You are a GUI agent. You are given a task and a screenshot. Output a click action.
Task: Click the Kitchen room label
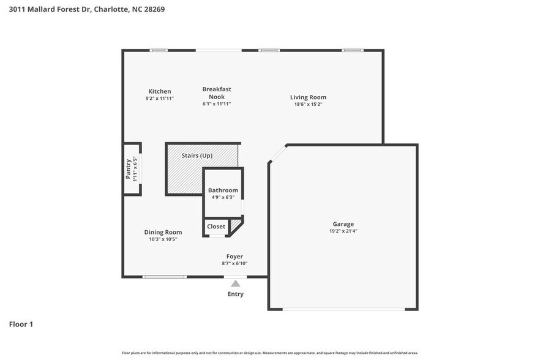click(x=160, y=91)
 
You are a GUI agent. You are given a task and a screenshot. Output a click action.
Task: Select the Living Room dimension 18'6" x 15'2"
click(x=308, y=104)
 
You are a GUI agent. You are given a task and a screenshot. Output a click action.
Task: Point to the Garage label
click(x=343, y=224)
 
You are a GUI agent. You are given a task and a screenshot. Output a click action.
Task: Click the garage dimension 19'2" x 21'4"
click(x=343, y=231)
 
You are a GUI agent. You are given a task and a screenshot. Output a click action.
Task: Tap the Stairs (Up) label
click(x=197, y=156)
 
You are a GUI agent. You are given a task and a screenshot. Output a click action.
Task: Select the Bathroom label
click(x=223, y=190)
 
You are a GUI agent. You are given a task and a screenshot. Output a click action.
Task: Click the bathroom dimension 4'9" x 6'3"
click(x=223, y=197)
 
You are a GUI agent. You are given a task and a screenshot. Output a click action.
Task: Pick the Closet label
click(x=216, y=227)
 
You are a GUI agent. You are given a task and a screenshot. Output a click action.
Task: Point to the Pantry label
click(x=129, y=168)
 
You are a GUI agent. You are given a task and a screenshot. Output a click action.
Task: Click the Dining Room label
click(x=163, y=232)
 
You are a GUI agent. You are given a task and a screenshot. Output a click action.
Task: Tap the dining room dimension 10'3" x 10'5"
click(x=163, y=239)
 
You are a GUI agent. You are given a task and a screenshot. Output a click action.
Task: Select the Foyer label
click(x=234, y=257)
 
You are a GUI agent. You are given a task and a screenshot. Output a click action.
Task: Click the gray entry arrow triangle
click(x=235, y=283)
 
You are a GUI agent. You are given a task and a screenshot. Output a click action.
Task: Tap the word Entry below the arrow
click(x=235, y=294)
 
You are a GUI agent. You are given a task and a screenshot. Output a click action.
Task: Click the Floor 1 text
click(x=21, y=324)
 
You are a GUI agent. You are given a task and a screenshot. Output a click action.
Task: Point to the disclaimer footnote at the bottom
click(x=269, y=353)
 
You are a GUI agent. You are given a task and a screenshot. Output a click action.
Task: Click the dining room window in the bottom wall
click(x=164, y=277)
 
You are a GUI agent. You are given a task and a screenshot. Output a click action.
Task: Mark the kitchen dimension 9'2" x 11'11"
click(x=160, y=98)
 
